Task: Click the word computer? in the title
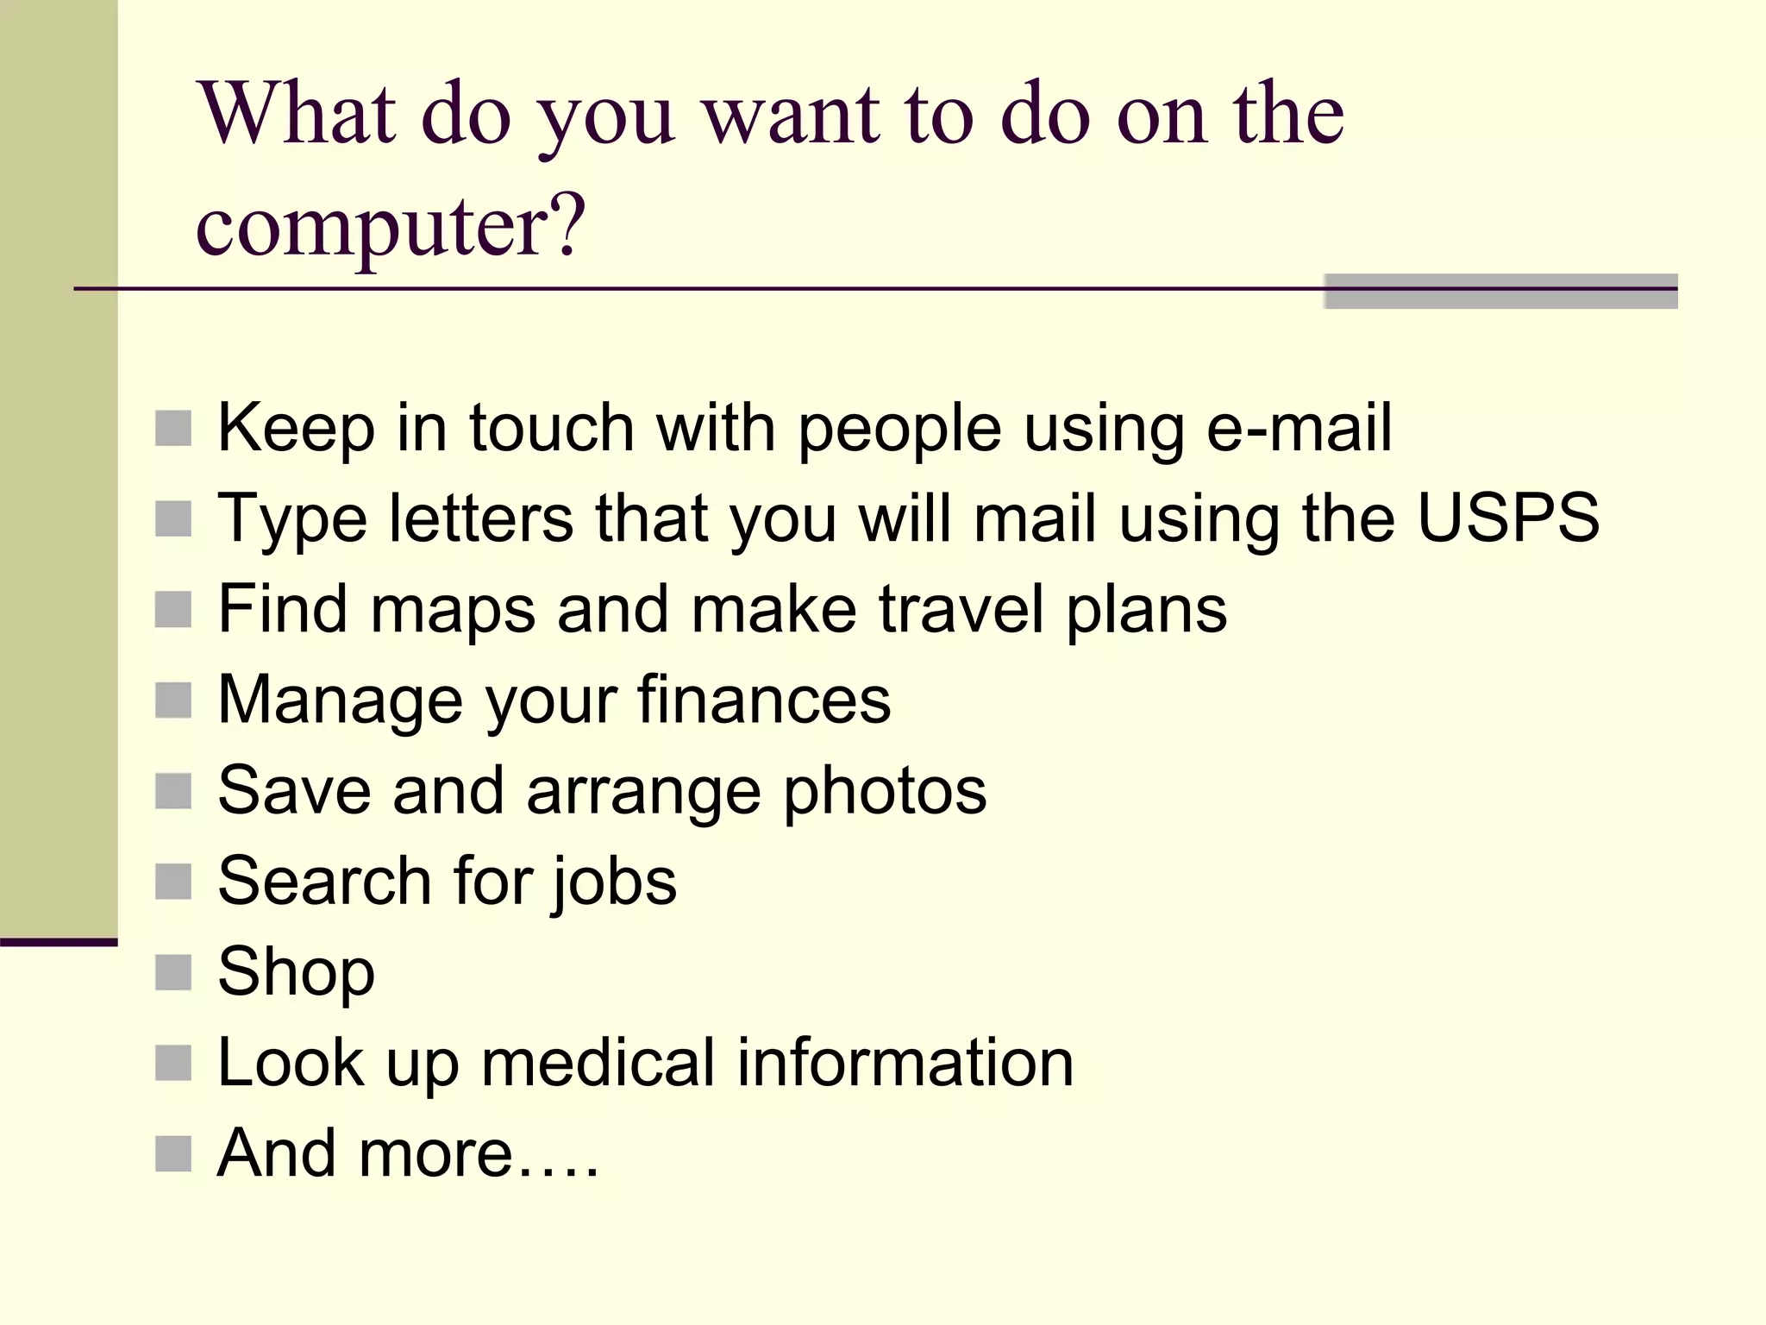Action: (x=391, y=226)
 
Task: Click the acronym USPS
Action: (x=1508, y=518)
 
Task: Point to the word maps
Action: (x=453, y=609)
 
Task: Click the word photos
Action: (x=885, y=790)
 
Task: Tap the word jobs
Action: (x=615, y=882)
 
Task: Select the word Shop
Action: (x=296, y=972)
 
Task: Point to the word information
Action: (x=905, y=1063)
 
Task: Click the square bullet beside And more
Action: (x=173, y=1154)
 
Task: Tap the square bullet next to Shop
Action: (x=173, y=972)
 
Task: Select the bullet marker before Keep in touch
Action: (x=173, y=429)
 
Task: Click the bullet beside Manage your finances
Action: (x=173, y=700)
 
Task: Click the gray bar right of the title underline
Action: (x=1500, y=292)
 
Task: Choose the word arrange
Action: (x=643, y=792)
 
